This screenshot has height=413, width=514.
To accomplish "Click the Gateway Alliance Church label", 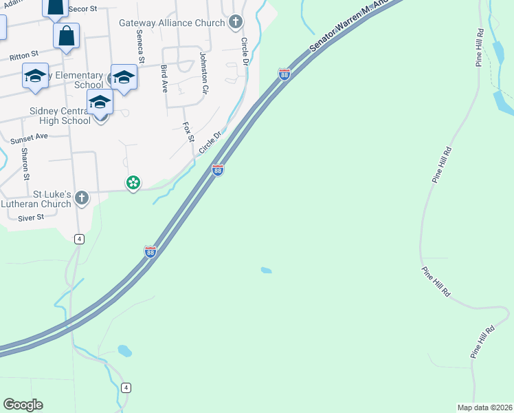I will tap(172, 23).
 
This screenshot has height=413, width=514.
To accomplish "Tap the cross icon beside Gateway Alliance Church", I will tap(236, 22).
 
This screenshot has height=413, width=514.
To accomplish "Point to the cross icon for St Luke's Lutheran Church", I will tap(82, 199).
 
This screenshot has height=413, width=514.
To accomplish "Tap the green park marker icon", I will tap(133, 183).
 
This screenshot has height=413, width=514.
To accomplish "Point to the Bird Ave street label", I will tap(164, 78).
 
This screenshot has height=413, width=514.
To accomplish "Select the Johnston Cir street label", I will tap(203, 72).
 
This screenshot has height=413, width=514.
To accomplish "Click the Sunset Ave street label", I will tap(29, 137).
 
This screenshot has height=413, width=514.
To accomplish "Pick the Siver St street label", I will tap(31, 218).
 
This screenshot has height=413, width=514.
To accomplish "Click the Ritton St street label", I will tap(23, 54).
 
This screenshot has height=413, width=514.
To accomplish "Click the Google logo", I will tap(23, 405).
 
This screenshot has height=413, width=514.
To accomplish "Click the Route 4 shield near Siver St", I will tap(80, 239).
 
